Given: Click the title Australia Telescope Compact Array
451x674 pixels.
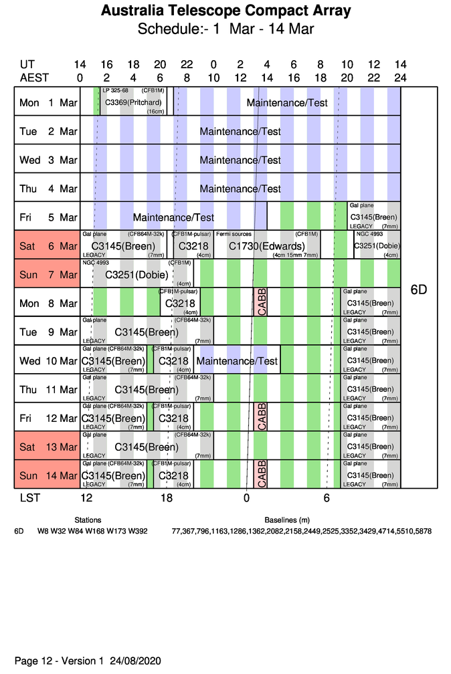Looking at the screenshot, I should (x=225, y=11).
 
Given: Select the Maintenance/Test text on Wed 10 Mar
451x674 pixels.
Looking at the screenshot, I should (x=237, y=361).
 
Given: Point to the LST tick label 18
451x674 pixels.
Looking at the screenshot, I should (x=167, y=498).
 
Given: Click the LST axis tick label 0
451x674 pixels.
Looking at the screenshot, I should (x=246, y=498).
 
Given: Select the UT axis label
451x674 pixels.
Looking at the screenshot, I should (x=27, y=65).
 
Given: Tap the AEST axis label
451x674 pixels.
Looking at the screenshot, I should (x=34, y=77).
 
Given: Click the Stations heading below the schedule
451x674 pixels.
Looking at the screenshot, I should (x=88, y=520).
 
